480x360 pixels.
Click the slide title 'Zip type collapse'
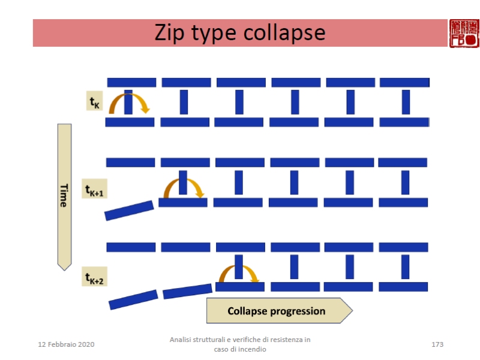[x=240, y=32]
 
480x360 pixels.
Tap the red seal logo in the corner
[x=464, y=33]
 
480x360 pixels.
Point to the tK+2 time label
[x=95, y=277]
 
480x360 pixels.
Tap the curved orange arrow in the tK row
[x=128, y=101]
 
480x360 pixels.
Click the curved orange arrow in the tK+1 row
[x=184, y=186]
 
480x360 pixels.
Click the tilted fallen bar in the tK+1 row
[x=129, y=210]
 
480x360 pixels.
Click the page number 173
[x=437, y=344]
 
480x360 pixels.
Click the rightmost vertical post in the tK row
[x=406, y=101]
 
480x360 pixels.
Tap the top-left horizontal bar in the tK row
[x=131, y=82]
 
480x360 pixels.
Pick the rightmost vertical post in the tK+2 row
[x=405, y=267]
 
